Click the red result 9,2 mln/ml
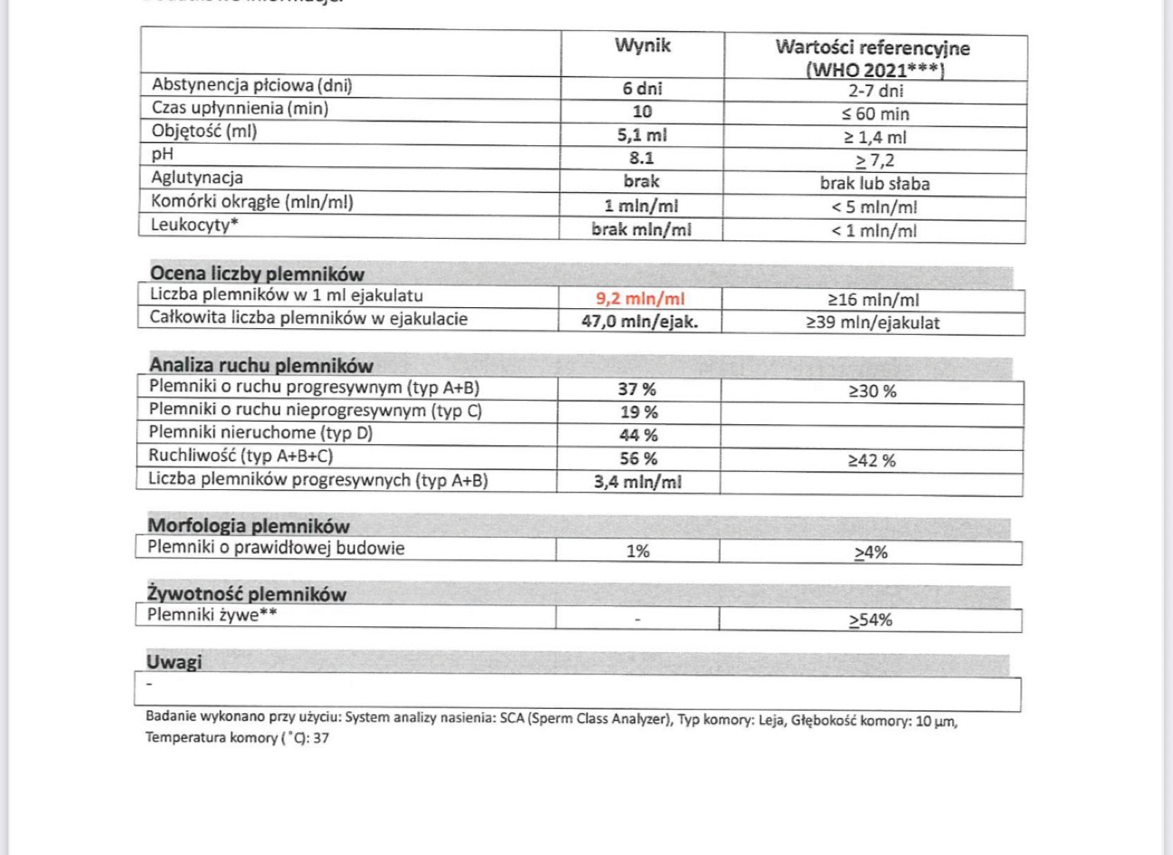click(x=640, y=299)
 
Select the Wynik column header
click(x=642, y=46)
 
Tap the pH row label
click(x=163, y=154)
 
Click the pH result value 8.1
click(x=642, y=158)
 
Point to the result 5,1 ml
click(x=642, y=135)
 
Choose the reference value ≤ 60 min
click(x=875, y=114)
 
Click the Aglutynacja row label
click(x=197, y=178)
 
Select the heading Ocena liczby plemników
click(x=257, y=274)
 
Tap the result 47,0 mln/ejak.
click(x=640, y=321)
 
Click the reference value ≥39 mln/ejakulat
click(x=873, y=322)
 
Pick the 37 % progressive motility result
click(x=637, y=389)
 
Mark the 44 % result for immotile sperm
click(x=638, y=435)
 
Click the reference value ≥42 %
click(x=872, y=460)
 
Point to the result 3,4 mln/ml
click(x=637, y=482)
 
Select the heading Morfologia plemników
click(x=249, y=526)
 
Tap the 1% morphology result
click(x=638, y=551)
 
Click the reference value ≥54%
click(x=871, y=620)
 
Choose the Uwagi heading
click(x=174, y=662)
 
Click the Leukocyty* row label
click(x=194, y=225)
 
